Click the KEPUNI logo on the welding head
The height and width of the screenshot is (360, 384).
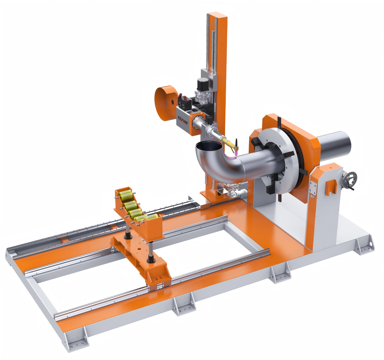coord(183,119)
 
